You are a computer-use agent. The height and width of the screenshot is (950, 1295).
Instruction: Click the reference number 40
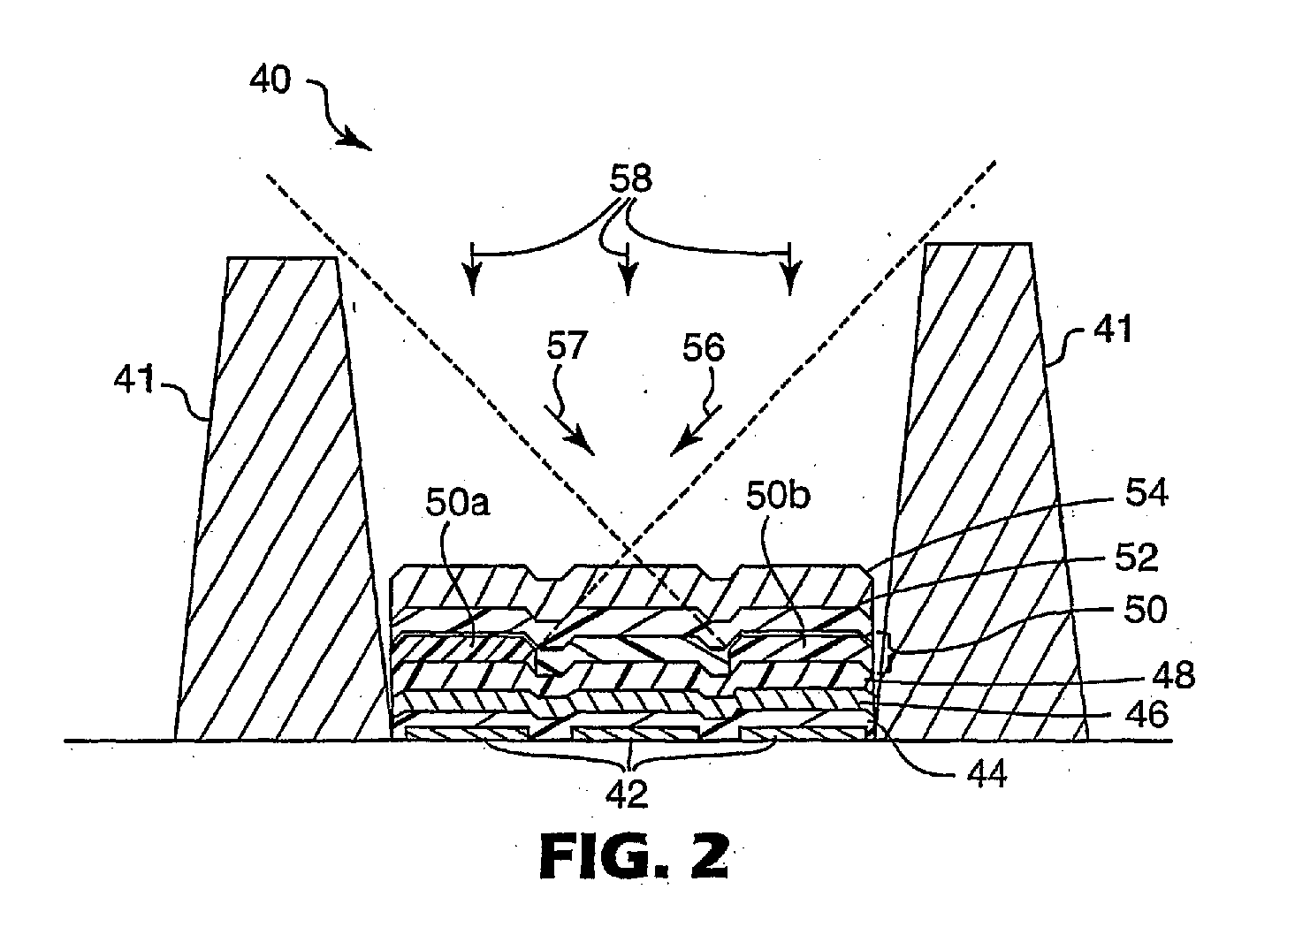pyautogui.click(x=270, y=80)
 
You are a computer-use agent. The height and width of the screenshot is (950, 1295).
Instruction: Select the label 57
pyautogui.click(x=567, y=346)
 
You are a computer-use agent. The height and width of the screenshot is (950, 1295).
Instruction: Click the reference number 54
pyautogui.click(x=1146, y=493)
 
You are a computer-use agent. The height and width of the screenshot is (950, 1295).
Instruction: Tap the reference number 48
pyautogui.click(x=1172, y=675)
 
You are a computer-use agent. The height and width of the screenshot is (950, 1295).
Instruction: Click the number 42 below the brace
pyautogui.click(x=627, y=794)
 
